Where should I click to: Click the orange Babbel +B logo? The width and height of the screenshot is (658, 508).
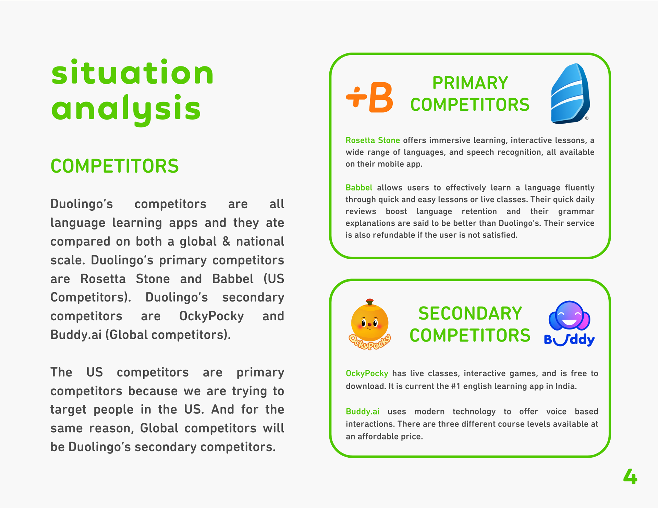pyautogui.click(x=369, y=97)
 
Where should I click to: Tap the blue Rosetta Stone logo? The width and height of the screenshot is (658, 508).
pyautogui.click(x=570, y=94)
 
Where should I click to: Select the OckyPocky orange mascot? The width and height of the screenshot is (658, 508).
pyautogui.click(x=369, y=324)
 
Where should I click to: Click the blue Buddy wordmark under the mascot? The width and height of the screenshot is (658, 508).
pyautogui.click(x=569, y=340)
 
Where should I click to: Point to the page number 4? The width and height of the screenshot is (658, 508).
pyautogui.click(x=630, y=476)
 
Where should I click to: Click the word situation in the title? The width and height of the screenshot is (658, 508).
pyautogui.click(x=132, y=72)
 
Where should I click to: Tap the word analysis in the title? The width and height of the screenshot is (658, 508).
pyautogui.click(x=126, y=109)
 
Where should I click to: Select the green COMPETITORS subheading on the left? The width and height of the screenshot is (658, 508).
pyautogui.click(x=114, y=166)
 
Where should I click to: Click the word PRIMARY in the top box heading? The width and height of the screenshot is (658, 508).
pyautogui.click(x=470, y=83)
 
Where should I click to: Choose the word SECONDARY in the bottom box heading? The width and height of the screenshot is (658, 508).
pyautogui.click(x=470, y=313)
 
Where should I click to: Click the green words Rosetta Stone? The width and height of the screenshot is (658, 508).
pyautogui.click(x=373, y=140)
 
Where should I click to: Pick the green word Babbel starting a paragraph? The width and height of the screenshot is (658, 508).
pyautogui.click(x=359, y=188)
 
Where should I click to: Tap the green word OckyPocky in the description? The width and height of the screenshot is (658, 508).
pyautogui.click(x=367, y=373)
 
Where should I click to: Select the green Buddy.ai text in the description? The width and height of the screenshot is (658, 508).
pyautogui.click(x=363, y=411)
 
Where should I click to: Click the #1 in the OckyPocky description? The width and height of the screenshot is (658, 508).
pyautogui.click(x=455, y=386)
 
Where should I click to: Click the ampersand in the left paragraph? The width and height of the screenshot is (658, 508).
pyautogui.click(x=226, y=241)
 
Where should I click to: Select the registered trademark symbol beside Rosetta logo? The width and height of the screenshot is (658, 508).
pyautogui.click(x=587, y=118)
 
